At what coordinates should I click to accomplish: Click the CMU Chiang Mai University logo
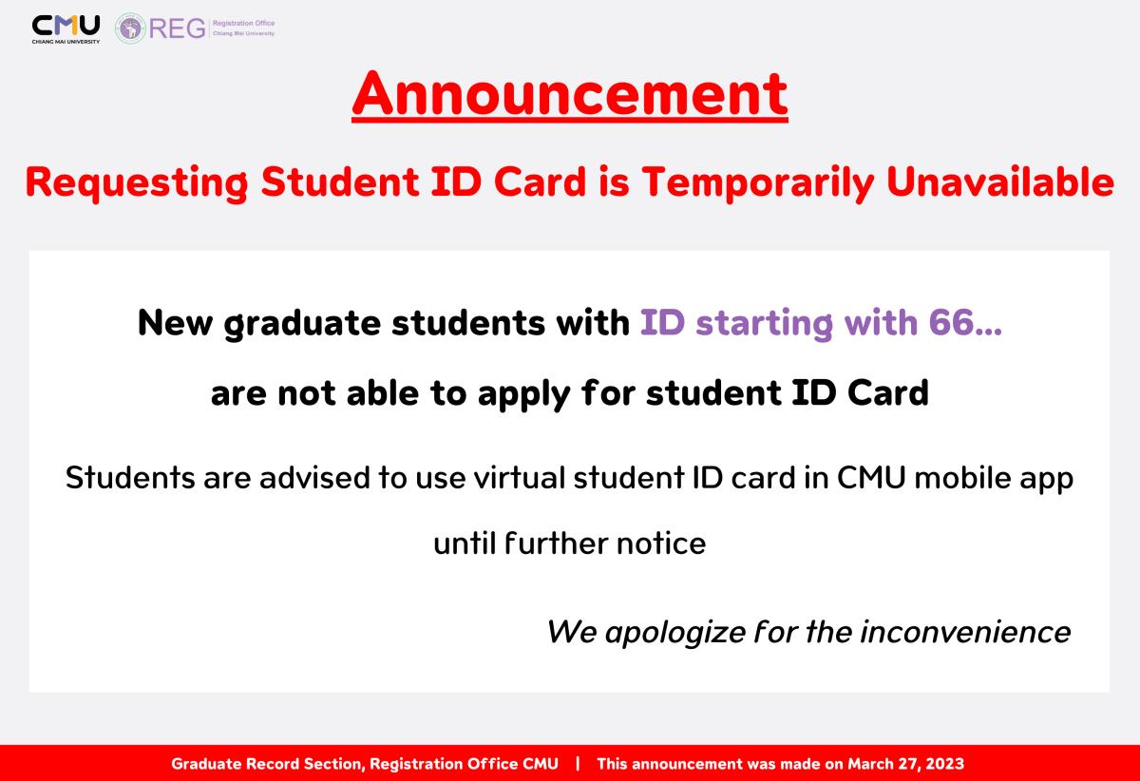[x=66, y=29]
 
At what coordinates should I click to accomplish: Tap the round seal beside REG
[x=130, y=28]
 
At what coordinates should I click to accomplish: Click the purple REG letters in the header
[x=177, y=28]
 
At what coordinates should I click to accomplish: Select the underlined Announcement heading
[x=569, y=95]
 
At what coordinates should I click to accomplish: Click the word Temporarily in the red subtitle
[x=758, y=183]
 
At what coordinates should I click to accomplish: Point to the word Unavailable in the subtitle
[x=1000, y=181]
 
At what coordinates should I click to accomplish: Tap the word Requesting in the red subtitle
[x=137, y=183]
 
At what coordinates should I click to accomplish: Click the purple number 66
[x=951, y=322]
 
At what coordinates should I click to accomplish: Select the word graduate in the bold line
[x=302, y=324]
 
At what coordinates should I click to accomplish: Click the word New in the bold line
[x=175, y=323]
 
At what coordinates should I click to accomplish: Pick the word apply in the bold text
[x=523, y=395]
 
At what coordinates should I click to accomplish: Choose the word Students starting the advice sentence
[x=130, y=478]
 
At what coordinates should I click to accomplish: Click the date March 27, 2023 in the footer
[x=906, y=764]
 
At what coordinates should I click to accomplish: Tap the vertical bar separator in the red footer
[x=578, y=764]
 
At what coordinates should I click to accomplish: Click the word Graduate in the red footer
[x=207, y=764]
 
